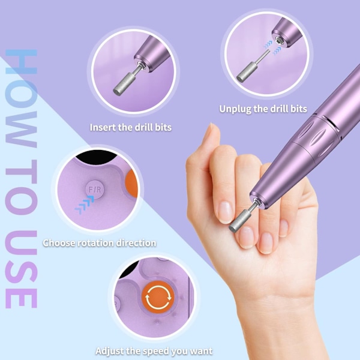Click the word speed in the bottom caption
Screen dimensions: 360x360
(155, 351)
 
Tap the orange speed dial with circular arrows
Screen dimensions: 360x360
(158, 297)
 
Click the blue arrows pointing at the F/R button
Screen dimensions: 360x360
(84, 205)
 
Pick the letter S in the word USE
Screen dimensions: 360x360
(21, 269)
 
